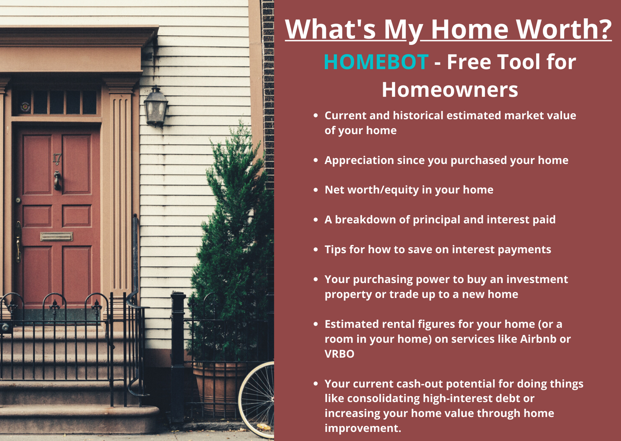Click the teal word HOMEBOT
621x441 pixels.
376,62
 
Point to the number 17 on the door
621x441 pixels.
57,158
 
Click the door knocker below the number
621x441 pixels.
57,180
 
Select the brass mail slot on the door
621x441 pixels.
56,237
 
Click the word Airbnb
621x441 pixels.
538,339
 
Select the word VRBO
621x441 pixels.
339,354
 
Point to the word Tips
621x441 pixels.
335,250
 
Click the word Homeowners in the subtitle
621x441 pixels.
450,89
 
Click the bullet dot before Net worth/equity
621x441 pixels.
316,190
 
